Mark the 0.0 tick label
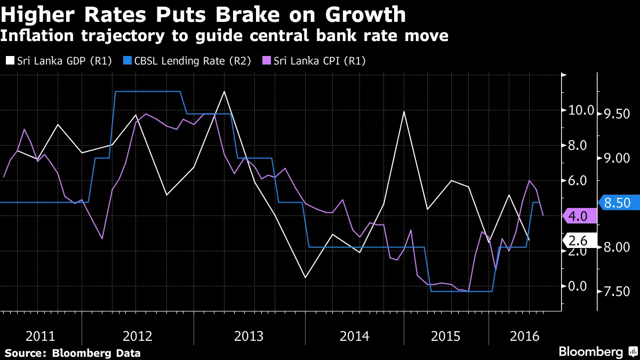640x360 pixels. (577, 286)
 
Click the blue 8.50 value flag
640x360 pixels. (619, 203)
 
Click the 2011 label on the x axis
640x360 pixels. (41, 337)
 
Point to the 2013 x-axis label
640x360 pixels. (249, 337)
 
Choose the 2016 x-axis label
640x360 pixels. (525, 337)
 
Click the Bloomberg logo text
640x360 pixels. (590, 351)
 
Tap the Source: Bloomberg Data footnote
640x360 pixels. (73, 353)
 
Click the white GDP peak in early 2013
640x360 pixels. (224, 91)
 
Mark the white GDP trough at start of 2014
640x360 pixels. (305, 277)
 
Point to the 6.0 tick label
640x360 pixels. (577, 181)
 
